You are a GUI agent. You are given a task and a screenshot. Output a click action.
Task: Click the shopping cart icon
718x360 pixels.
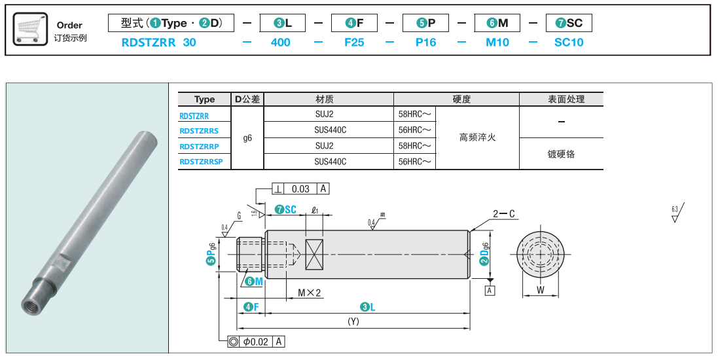tap(29, 29)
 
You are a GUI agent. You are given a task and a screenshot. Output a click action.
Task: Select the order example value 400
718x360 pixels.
tap(280, 43)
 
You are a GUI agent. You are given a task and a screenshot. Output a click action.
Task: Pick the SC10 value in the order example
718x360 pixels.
tap(568, 43)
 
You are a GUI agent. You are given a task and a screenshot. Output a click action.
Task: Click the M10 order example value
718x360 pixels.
tap(497, 43)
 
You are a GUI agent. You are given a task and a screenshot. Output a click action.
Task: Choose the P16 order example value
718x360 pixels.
tap(425, 43)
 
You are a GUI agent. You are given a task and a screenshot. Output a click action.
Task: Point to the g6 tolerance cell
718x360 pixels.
tap(247, 138)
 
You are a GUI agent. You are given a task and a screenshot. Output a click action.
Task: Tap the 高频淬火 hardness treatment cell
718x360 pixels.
tap(477, 137)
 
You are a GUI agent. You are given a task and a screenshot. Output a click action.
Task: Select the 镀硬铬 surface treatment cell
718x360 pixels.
tap(561, 154)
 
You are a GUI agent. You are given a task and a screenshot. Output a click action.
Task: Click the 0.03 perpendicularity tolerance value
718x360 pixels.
tap(300, 189)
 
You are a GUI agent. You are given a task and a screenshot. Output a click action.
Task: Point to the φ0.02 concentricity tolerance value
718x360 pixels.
tap(256, 342)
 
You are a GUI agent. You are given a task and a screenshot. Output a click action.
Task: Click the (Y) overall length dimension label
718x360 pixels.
tap(353, 321)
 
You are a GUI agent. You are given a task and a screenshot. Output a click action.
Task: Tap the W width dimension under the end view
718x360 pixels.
tap(540, 289)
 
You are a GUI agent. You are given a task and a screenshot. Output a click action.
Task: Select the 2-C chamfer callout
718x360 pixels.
tap(504, 213)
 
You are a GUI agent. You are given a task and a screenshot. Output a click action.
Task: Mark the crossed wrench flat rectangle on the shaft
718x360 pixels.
tap(314, 253)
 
